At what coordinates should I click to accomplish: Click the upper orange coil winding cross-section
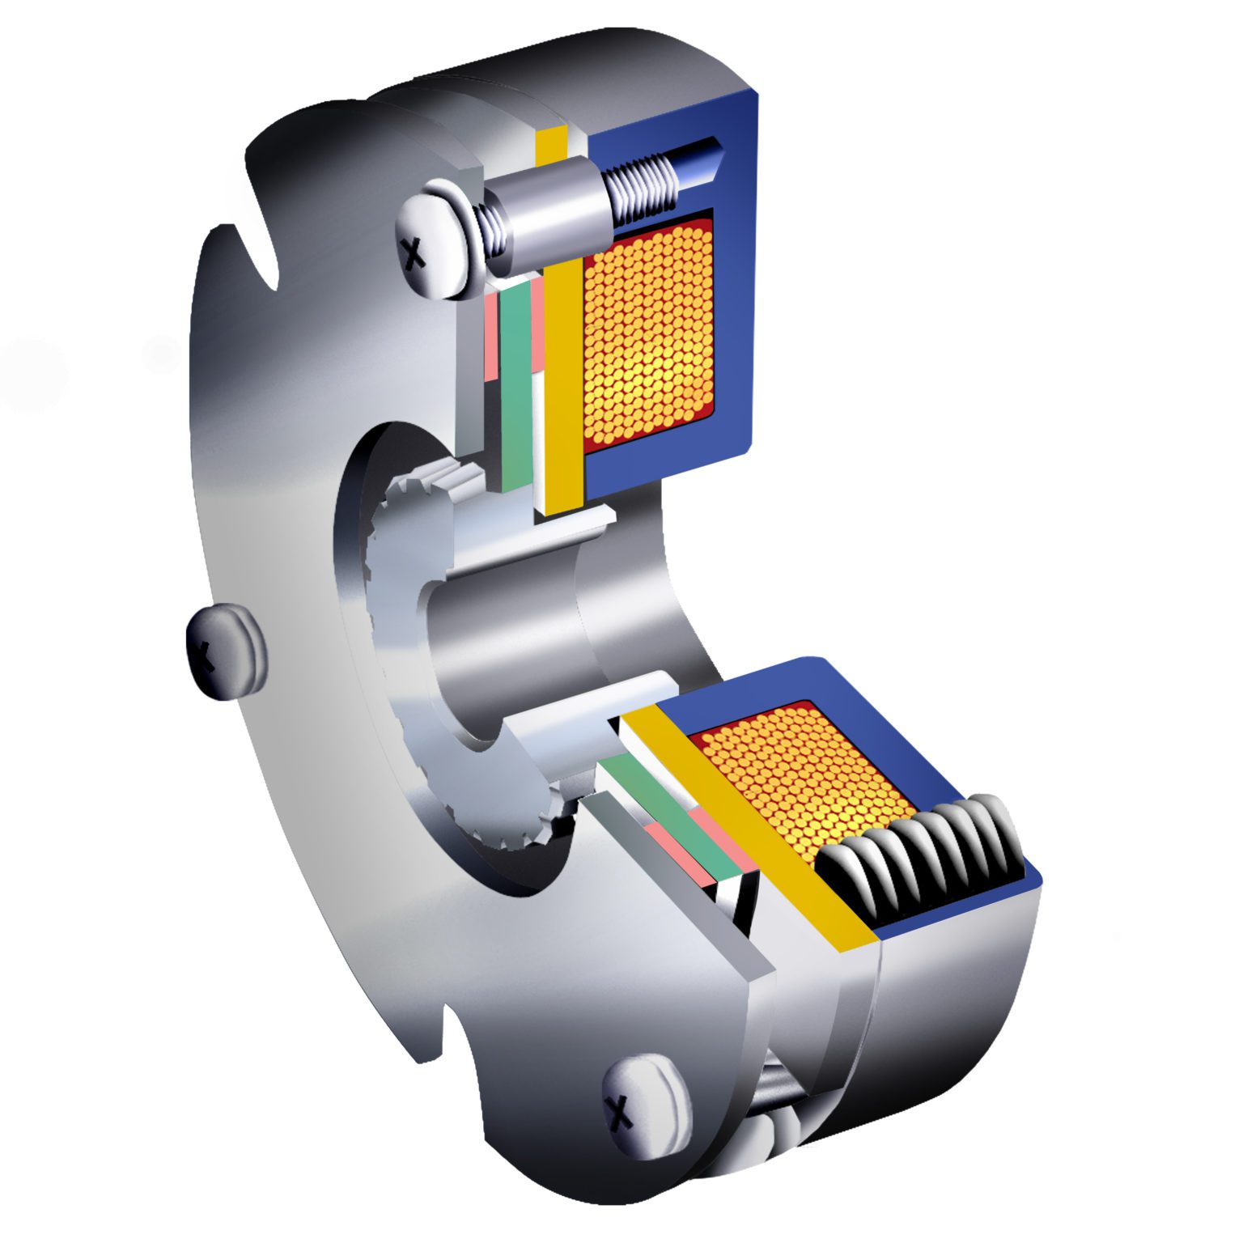(x=647, y=332)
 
